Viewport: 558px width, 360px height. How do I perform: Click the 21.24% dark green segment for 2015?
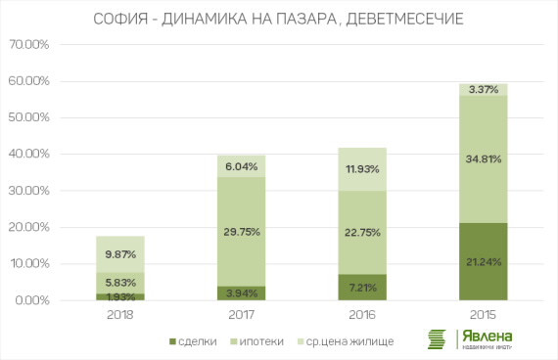click(x=483, y=261)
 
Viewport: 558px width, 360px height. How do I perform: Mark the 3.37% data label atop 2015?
click(x=483, y=90)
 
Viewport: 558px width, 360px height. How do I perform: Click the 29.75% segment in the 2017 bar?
click(x=242, y=232)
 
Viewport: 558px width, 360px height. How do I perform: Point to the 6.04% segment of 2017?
click(x=242, y=166)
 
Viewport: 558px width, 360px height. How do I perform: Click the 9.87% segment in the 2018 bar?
click(x=121, y=254)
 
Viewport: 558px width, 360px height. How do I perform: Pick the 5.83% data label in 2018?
click(x=121, y=282)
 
